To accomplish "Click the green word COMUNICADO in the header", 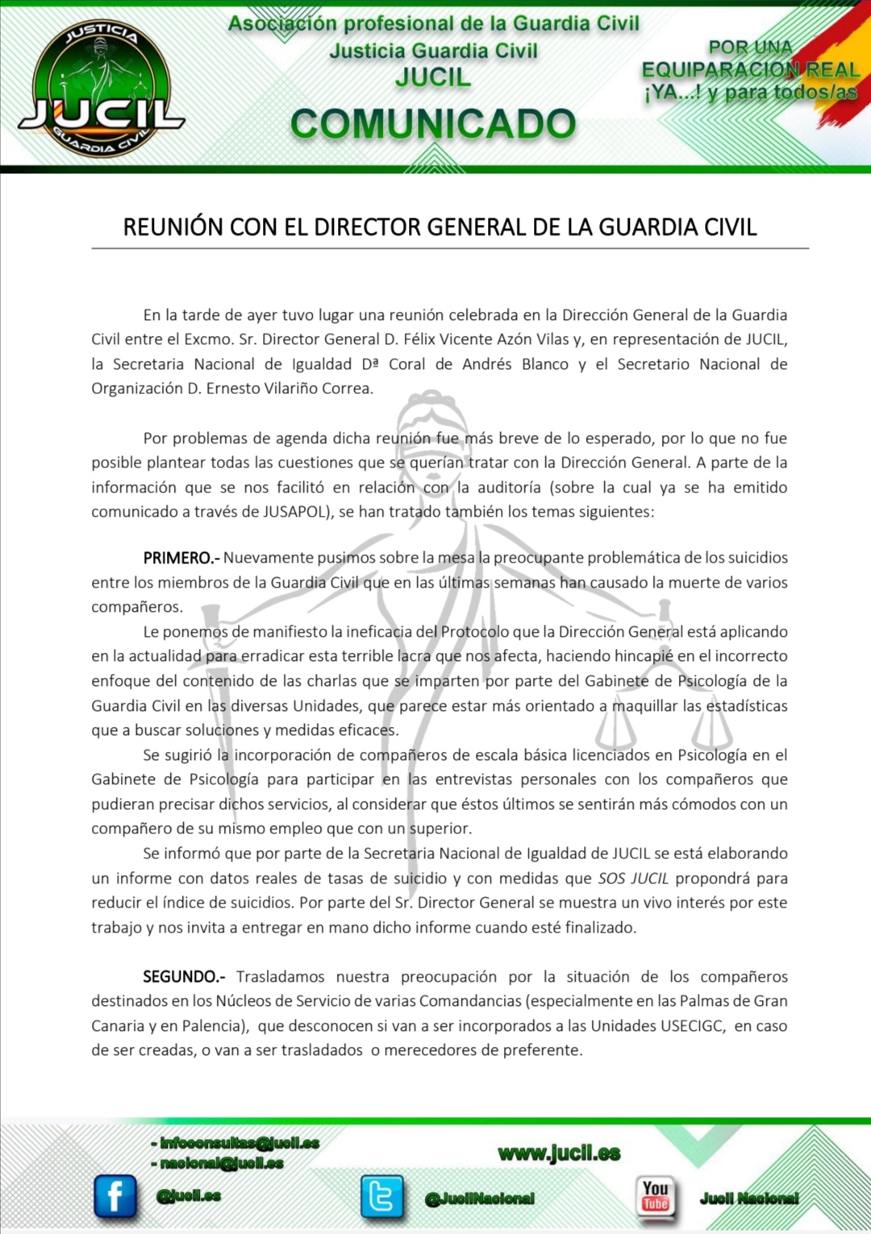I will [433, 123].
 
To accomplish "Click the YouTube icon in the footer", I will [655, 1195].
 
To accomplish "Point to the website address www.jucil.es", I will [560, 1153].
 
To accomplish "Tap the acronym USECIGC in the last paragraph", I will [693, 1026].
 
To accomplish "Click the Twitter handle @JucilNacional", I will [480, 1199].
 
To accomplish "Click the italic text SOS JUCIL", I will [633, 879].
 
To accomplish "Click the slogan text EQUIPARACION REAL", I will [750, 70].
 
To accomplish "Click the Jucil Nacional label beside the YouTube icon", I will [749, 1199].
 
